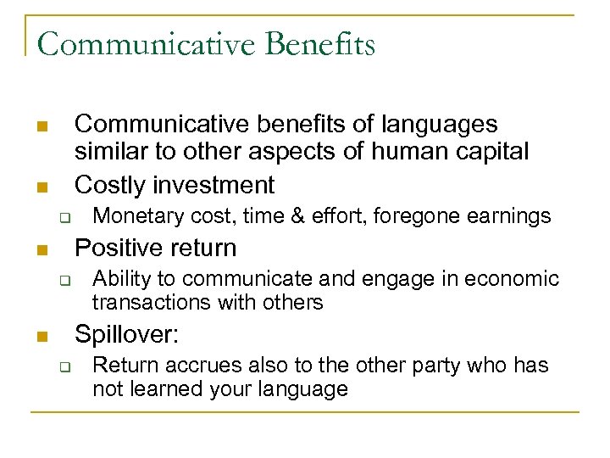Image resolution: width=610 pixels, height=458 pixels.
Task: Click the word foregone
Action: (x=396, y=217)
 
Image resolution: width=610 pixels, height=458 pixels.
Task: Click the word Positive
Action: (x=119, y=248)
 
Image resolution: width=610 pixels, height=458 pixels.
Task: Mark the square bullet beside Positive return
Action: (x=41, y=250)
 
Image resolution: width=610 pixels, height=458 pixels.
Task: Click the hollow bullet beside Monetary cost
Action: (x=63, y=216)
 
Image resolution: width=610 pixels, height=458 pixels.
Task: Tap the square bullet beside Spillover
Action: (x=41, y=337)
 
